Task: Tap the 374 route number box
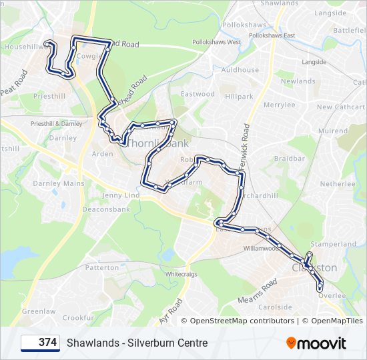[x=40, y=343]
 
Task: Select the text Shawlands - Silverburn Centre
[x=137, y=343]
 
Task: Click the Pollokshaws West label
[x=216, y=42]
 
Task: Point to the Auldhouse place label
[x=240, y=70]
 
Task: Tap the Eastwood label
[x=198, y=94]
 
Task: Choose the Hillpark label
[x=239, y=97]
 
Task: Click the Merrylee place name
[x=279, y=105]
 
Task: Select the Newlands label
[x=298, y=81]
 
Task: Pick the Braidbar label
[x=289, y=159]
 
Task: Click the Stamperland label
[x=334, y=244]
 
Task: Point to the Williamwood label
[x=260, y=248]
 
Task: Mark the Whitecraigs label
[x=182, y=274]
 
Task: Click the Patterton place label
[x=101, y=267]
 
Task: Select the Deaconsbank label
[x=105, y=209]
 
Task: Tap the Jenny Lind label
[x=121, y=195]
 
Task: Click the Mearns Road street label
[x=258, y=291]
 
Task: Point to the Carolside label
[x=275, y=307]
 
